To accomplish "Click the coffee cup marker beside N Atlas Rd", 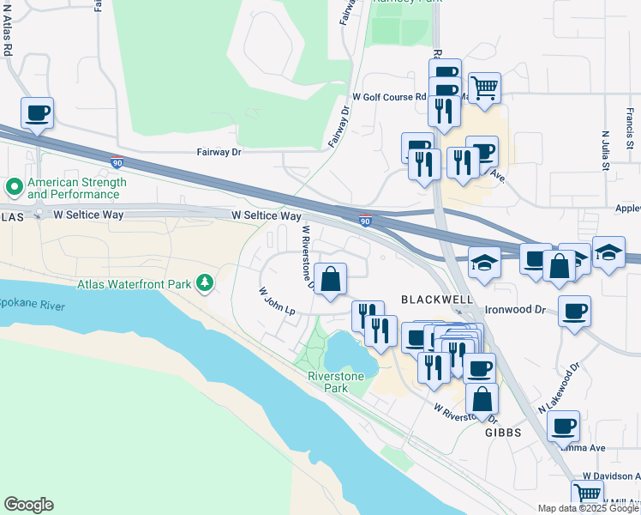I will point(37,113).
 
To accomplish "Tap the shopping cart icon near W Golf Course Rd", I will point(484,88).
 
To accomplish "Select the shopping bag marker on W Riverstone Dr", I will point(331,279).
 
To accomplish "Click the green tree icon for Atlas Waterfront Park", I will point(204,282).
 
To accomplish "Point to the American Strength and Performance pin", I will point(14,186).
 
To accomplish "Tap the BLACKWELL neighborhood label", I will point(437,299).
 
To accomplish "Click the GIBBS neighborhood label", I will point(503,433).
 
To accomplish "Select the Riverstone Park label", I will point(336,382).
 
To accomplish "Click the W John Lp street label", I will point(278,301).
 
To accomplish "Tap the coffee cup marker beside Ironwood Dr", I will point(574,311).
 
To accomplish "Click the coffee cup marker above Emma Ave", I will point(563,427).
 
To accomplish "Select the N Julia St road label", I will point(605,149).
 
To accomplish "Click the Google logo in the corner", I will point(28,505).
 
